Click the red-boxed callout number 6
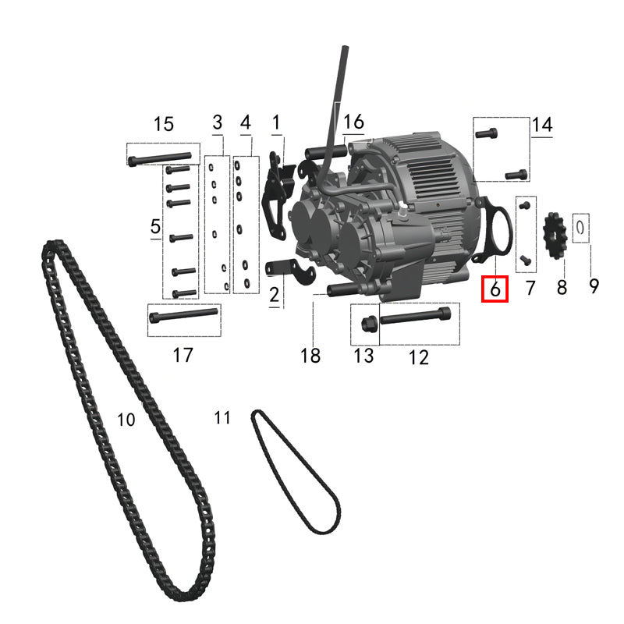point(495,289)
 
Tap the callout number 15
point(164,124)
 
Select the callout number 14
point(542,125)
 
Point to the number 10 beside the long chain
point(126,420)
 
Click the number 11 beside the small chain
point(222,418)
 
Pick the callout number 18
point(310,356)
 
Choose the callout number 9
point(594,285)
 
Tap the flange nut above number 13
point(367,324)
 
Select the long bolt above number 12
point(416,316)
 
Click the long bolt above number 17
point(183,315)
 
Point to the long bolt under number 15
point(160,158)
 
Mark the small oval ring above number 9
point(580,228)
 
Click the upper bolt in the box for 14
point(486,133)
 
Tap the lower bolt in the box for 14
point(516,174)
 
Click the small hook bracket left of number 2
point(291,270)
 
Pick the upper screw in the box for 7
point(525,205)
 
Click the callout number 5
point(155,226)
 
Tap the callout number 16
point(353,122)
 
